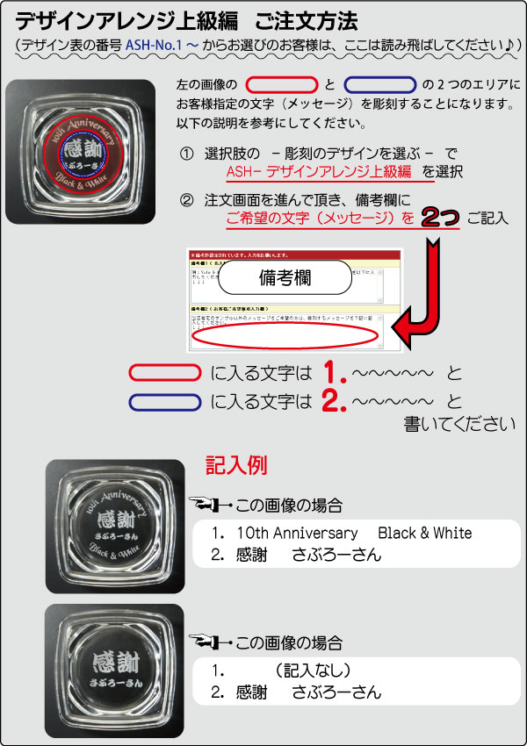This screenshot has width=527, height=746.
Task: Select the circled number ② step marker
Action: pyautogui.click(x=186, y=199)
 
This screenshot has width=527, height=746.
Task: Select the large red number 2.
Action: pyautogui.click(x=332, y=402)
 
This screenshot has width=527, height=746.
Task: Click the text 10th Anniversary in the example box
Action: pyautogui.click(x=285, y=534)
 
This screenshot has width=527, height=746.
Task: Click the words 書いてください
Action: pyautogui.click(x=458, y=424)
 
